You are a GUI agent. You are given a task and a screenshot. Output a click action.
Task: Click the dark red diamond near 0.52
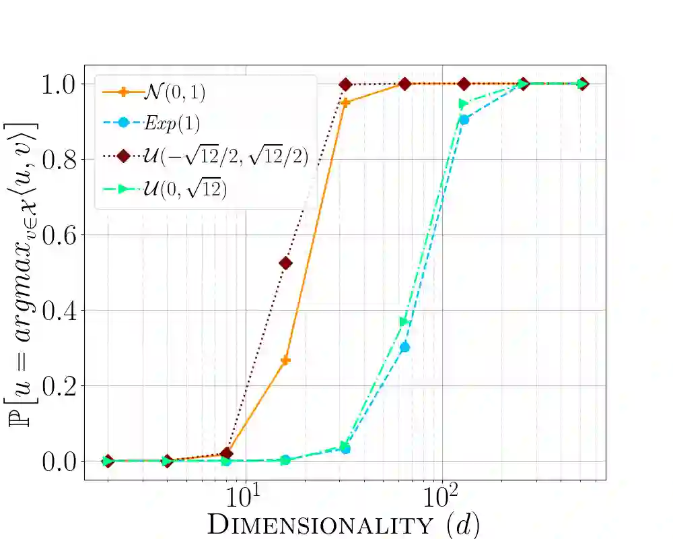[285, 263]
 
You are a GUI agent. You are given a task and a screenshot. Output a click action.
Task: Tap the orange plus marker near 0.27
[285, 360]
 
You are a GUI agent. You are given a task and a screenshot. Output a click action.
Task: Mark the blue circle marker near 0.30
[404, 347]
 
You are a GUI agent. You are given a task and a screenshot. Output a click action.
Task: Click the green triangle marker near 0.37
[404, 321]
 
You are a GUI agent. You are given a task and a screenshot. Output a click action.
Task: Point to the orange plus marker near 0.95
[345, 102]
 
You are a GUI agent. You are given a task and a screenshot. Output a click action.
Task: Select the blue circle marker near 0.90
[464, 120]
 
